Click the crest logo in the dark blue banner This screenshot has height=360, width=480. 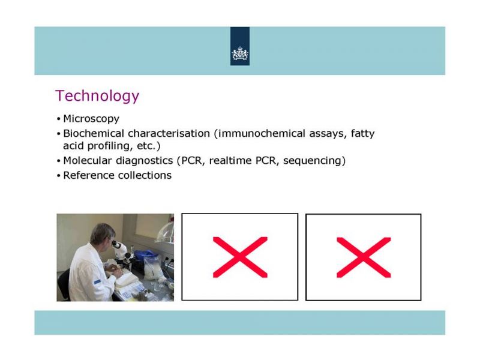(240, 53)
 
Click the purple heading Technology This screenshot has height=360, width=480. (97, 96)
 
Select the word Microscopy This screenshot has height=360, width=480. (91, 119)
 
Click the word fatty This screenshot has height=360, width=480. (363, 134)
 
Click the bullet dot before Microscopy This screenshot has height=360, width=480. (58, 119)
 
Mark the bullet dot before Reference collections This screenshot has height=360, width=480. (58, 176)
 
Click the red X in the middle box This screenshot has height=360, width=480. (240, 257)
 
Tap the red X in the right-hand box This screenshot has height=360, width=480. (364, 257)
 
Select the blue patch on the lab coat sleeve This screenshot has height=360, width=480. (97, 281)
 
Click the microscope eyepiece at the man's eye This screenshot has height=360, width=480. (115, 244)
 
